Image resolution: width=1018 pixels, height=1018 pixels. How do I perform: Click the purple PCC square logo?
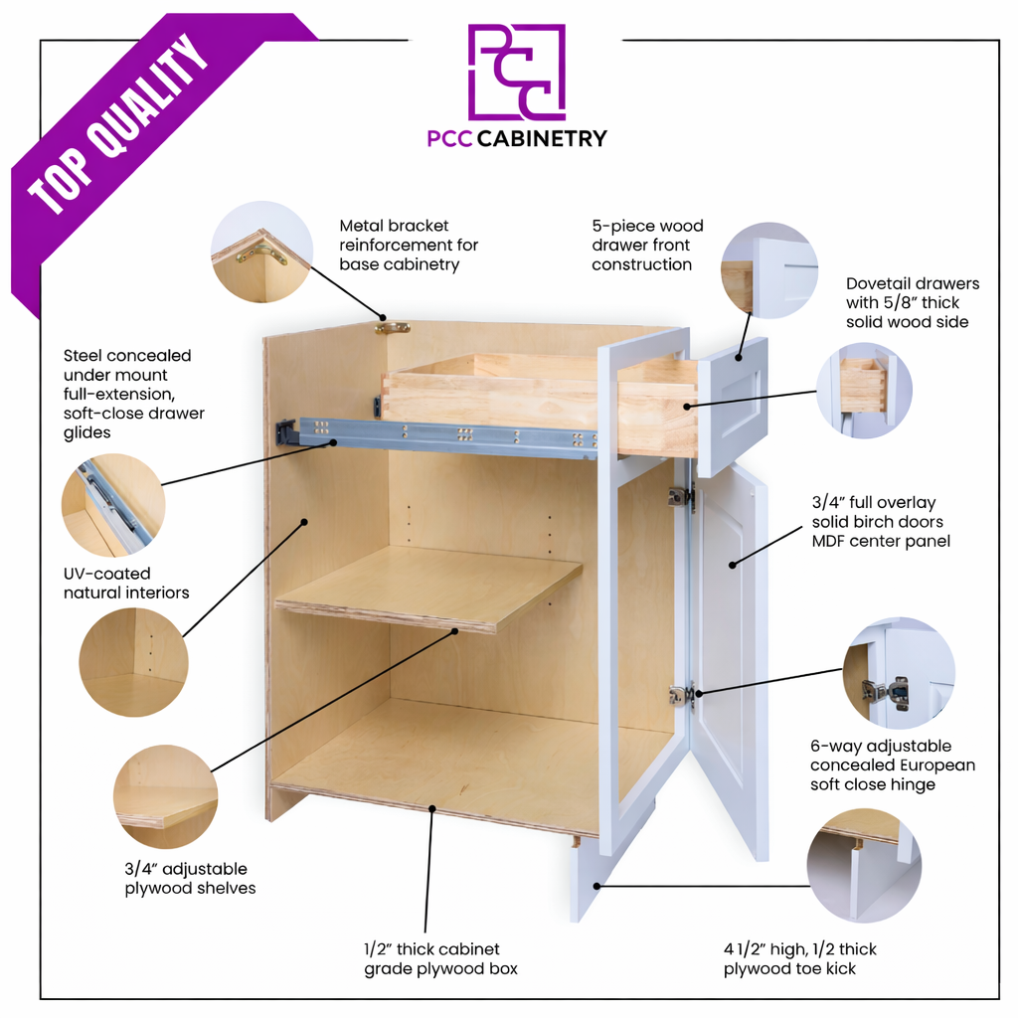(517, 72)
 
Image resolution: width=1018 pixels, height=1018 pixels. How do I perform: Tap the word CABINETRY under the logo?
(542, 138)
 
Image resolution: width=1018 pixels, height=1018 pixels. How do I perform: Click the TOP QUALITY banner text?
(119, 123)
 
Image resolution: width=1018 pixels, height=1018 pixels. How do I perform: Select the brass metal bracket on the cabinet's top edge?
(392, 327)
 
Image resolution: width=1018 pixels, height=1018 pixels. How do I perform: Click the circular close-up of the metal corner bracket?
(261, 252)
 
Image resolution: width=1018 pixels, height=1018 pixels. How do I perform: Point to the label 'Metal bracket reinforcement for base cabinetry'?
(409, 245)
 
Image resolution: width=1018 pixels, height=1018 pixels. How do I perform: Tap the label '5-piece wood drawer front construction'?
(647, 245)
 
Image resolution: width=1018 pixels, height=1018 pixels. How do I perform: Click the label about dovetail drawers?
(913, 302)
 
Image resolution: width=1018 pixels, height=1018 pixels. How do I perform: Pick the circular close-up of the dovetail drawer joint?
(864, 390)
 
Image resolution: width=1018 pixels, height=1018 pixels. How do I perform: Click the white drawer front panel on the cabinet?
(733, 407)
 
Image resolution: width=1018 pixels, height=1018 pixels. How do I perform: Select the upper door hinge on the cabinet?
(681, 497)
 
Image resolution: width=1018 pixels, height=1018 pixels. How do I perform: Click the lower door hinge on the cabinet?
(682, 695)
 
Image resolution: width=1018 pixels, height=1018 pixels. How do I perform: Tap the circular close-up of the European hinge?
(899, 673)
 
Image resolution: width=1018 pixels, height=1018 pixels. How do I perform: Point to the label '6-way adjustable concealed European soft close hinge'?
(893, 764)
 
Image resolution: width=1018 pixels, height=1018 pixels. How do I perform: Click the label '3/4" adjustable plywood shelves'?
(190, 879)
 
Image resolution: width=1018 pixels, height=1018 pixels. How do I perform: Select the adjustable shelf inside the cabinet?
(428, 589)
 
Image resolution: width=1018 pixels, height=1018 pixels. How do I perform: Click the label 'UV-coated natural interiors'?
(126, 583)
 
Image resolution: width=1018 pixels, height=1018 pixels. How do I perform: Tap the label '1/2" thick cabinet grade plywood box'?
(440, 959)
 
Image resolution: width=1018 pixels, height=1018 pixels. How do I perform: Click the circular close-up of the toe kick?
(864, 866)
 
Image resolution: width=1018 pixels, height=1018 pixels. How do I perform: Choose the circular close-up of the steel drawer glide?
(113, 505)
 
